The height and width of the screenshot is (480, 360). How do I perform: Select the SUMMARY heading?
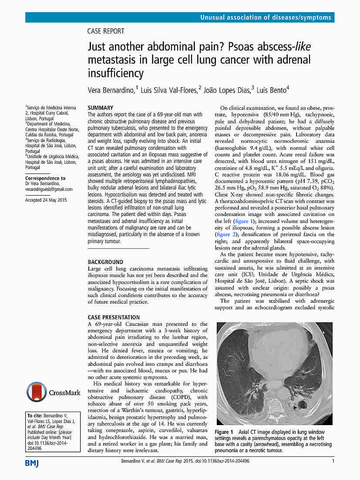(x=101, y=108)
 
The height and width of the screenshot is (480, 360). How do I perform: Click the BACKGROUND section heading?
(x=105, y=262)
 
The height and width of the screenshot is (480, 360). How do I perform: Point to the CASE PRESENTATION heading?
(x=114, y=317)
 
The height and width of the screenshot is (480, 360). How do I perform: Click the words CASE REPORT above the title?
(x=106, y=31)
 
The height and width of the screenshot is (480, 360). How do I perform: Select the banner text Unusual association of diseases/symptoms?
(x=266, y=17)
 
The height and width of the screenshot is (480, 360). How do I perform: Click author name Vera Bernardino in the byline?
(x=111, y=90)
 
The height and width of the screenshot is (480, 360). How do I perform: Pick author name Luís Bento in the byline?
(x=271, y=90)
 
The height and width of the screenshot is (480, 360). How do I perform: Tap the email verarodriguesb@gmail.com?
(x=49, y=189)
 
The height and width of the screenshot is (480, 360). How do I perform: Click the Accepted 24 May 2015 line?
(x=46, y=200)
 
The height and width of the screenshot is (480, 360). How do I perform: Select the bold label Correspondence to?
(x=45, y=178)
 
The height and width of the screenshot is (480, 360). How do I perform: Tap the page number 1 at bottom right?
(x=333, y=461)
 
